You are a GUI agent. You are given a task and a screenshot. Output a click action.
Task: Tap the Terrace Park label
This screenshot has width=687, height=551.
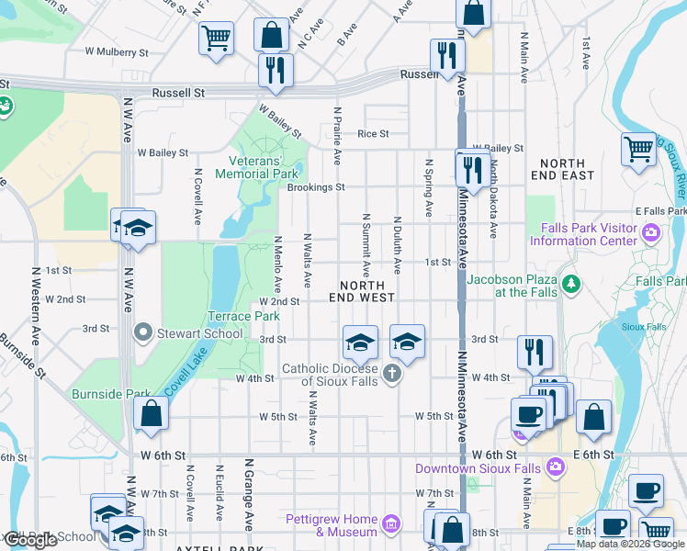pyautogui.click(x=242, y=316)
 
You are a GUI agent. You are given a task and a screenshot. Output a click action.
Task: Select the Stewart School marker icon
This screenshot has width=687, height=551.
pyautogui.click(x=141, y=332)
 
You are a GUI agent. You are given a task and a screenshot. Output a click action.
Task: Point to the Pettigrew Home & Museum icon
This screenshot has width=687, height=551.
pyautogui.click(x=391, y=524)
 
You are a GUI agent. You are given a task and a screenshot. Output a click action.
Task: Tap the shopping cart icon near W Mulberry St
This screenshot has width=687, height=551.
pyautogui.click(x=217, y=38)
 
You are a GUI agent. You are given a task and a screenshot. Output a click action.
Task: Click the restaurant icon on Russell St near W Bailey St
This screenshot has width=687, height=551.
pyautogui.click(x=276, y=69)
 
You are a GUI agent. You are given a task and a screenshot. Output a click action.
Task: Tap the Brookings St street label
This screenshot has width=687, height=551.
pyautogui.click(x=315, y=187)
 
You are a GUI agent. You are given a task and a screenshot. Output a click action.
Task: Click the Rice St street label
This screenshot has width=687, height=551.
pyautogui.click(x=373, y=133)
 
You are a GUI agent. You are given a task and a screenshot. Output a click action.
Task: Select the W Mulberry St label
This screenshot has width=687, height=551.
pyautogui.click(x=117, y=53)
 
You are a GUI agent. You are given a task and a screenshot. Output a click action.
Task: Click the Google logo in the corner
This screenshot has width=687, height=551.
pyautogui.click(x=30, y=540)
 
